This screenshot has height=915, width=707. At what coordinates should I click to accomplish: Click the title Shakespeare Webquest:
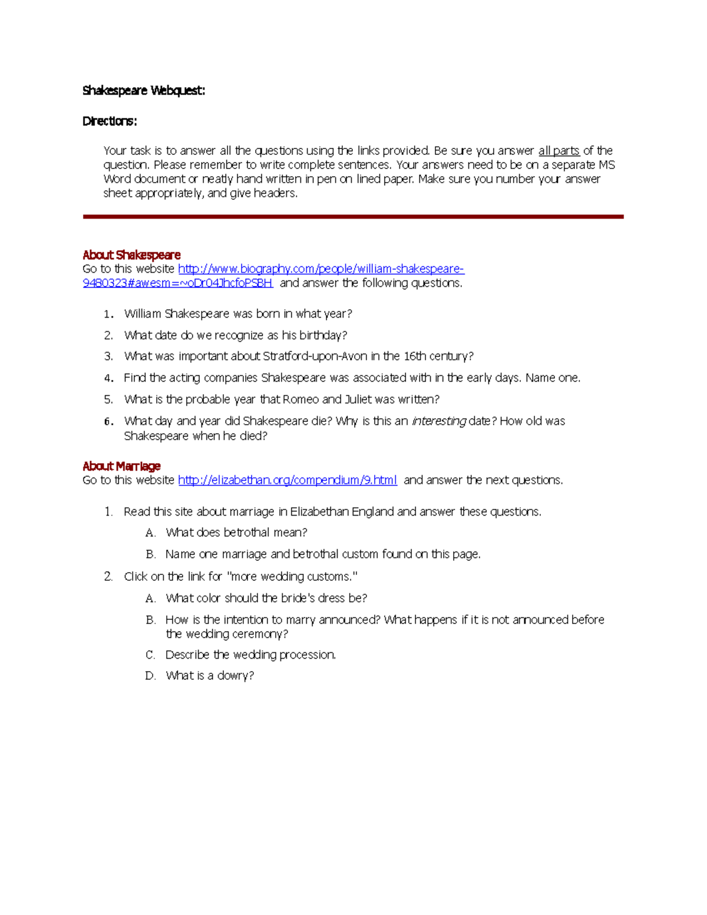click(x=144, y=91)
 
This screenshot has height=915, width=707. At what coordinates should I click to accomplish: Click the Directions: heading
click(x=110, y=121)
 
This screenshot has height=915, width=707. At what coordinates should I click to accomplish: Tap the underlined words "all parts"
click(x=559, y=151)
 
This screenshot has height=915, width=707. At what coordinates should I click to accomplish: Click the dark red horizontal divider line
click(x=353, y=217)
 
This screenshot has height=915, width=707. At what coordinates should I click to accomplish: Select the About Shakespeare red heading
click(x=131, y=255)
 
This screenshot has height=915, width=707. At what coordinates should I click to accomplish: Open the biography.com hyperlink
click(x=321, y=269)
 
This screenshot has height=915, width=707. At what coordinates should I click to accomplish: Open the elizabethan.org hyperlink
click(x=287, y=480)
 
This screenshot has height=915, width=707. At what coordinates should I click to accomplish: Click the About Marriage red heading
click(x=121, y=467)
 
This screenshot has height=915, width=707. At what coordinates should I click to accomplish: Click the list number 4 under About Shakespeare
click(x=108, y=378)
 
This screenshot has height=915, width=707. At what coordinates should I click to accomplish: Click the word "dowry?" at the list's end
click(x=236, y=676)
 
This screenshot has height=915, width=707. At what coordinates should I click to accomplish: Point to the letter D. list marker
click(x=150, y=676)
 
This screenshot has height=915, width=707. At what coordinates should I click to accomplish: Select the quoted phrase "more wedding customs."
click(x=292, y=577)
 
